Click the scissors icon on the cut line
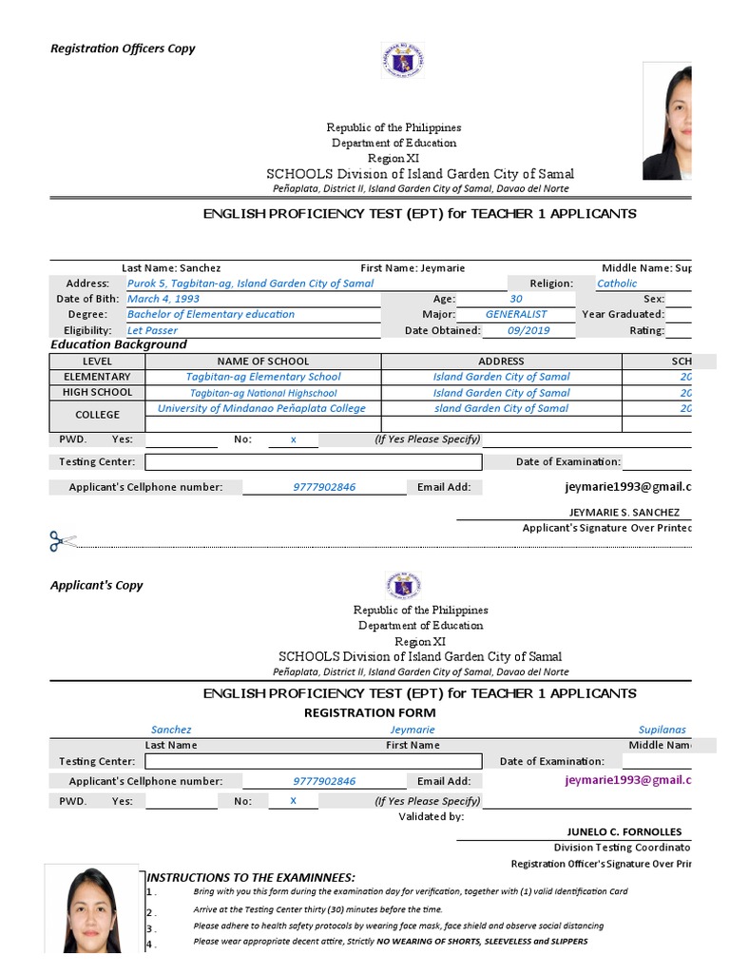tap(63, 542)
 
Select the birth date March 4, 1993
tap(163, 299)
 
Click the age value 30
tap(516, 299)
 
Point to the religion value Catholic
tap(617, 283)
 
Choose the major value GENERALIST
tap(516, 314)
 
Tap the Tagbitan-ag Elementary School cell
tap(263, 377)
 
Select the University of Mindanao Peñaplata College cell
tap(261, 408)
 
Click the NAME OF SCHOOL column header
tap(263, 361)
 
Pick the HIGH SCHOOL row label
tap(97, 392)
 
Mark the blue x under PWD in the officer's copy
tap(293, 439)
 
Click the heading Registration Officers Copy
tap(123, 49)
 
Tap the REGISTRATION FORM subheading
tap(370, 712)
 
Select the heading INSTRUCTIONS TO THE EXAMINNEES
tap(251, 877)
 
